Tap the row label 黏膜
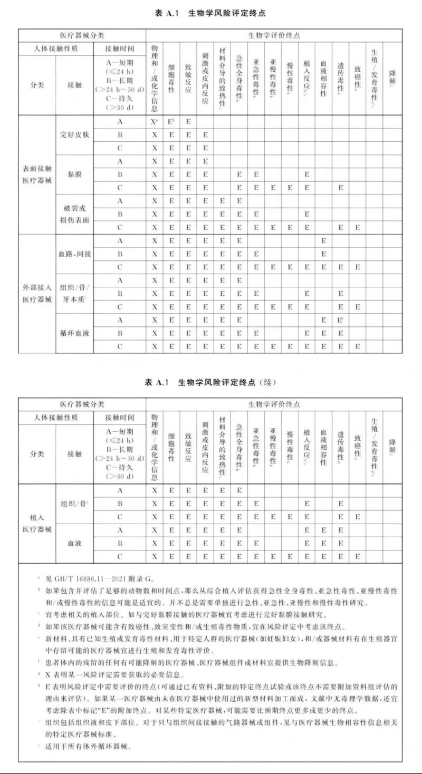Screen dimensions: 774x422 [74, 174]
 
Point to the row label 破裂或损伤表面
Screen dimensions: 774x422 [74, 214]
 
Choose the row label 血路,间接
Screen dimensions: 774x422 [74, 254]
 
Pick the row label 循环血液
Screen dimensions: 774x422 [74, 333]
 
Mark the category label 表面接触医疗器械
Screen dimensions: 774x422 [37, 174]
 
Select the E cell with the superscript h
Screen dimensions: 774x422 [171, 121]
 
